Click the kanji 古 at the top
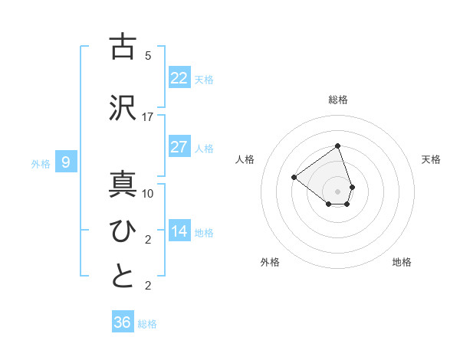pyautogui.click(x=123, y=47)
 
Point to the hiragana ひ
pyautogui.click(x=123, y=231)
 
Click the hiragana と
pyautogui.click(x=123, y=277)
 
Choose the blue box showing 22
pyautogui.click(x=179, y=78)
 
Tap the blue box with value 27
pyautogui.click(x=179, y=147)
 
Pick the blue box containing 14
pyautogui.click(x=179, y=231)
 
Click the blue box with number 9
pyautogui.click(x=66, y=162)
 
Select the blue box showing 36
pyautogui.click(x=123, y=322)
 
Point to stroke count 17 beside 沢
pyautogui.click(x=148, y=117)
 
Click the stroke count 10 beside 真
pyautogui.click(x=148, y=194)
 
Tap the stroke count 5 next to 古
pyautogui.click(x=148, y=56)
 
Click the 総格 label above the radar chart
pyautogui.click(x=338, y=100)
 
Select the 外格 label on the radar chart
pyautogui.click(x=270, y=262)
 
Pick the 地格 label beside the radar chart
pyautogui.click(x=402, y=262)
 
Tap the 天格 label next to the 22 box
pyautogui.click(x=204, y=79)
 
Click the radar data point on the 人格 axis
pyautogui.click(x=294, y=178)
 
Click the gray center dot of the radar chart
pyautogui.click(x=337, y=191)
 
